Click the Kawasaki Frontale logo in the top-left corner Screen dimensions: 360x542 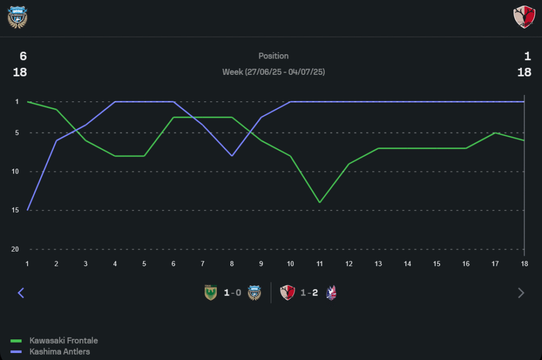[x=17, y=17]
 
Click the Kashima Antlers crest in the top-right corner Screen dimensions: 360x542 [x=524, y=17]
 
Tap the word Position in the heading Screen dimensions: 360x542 [x=273, y=56]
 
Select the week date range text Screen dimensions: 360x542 [x=273, y=72]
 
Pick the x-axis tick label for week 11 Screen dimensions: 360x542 [x=320, y=263]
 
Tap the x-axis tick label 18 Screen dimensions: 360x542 [x=524, y=263]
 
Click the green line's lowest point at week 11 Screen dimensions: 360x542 [x=320, y=202]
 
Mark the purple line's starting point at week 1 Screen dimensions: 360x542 [x=27, y=210]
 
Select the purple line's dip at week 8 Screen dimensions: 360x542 [x=232, y=156]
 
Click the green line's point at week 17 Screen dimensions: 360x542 [x=495, y=133]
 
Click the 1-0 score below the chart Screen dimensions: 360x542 [x=233, y=293]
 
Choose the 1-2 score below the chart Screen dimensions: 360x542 [x=309, y=293]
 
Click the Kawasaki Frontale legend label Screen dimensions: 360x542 [x=63, y=340]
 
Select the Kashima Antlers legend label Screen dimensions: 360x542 [x=60, y=351]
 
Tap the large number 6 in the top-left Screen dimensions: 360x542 [x=23, y=56]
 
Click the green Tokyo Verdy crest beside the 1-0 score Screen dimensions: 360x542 [x=210, y=293]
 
